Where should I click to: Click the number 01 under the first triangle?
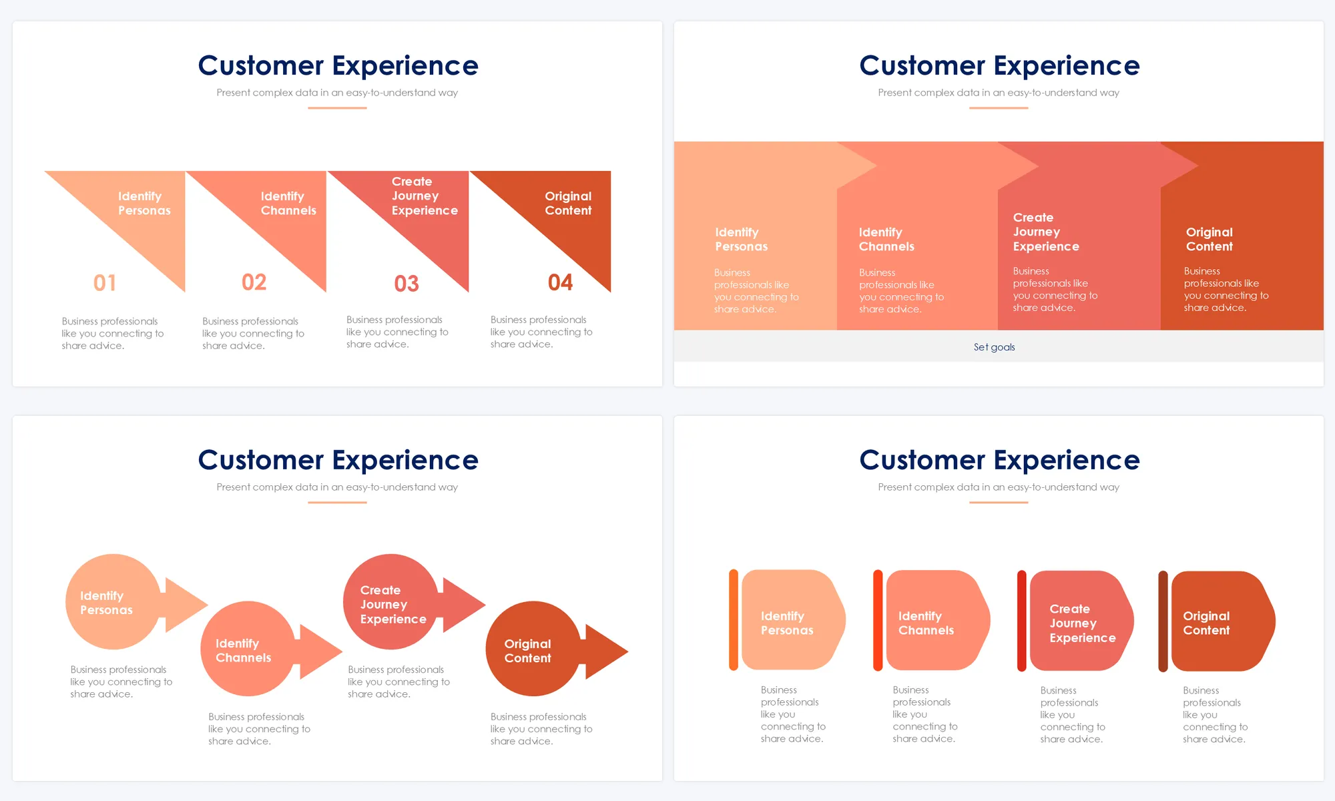tap(105, 283)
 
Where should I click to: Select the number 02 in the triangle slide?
tap(254, 282)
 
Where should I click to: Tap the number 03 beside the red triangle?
tap(407, 284)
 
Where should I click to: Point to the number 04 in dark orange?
tap(560, 282)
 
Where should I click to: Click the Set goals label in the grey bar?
tap(994, 347)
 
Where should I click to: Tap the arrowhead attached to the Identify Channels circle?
tap(320, 651)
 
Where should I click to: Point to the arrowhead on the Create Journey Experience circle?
tap(463, 604)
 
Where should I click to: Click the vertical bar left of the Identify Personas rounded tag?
tap(734, 619)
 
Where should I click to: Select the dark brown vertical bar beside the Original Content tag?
tap(1163, 621)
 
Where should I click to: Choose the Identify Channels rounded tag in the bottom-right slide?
tap(934, 621)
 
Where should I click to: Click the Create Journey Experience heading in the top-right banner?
tap(1045, 232)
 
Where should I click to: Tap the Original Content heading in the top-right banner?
tap(1209, 239)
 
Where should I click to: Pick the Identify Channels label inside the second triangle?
tap(288, 203)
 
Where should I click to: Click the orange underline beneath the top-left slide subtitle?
tap(337, 107)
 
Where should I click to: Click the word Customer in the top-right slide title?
tap(922, 65)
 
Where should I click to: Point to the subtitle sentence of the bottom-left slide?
tap(337, 487)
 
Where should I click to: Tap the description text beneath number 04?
tap(541, 332)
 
